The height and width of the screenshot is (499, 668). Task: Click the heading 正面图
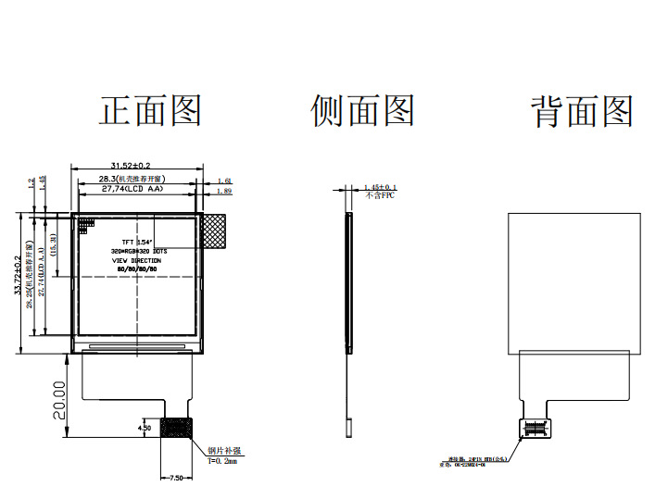[150, 111]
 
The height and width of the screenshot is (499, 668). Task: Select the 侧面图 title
[362, 111]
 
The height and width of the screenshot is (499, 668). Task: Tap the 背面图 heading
[582, 111]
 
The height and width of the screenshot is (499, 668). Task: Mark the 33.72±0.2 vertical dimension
[17, 278]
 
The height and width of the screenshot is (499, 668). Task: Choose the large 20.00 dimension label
[58, 400]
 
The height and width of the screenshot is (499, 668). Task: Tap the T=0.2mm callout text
[221, 460]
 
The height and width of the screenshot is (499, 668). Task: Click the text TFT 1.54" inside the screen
[136, 241]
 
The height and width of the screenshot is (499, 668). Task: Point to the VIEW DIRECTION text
[136, 261]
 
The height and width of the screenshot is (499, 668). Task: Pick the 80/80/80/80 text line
[136, 270]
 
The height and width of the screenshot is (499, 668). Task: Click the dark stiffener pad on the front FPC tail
[176, 428]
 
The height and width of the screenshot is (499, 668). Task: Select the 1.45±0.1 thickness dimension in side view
[380, 187]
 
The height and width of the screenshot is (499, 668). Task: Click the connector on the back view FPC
[534, 427]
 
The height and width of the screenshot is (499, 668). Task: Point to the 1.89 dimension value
[223, 191]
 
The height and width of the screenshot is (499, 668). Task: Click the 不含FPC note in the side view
[380, 196]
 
